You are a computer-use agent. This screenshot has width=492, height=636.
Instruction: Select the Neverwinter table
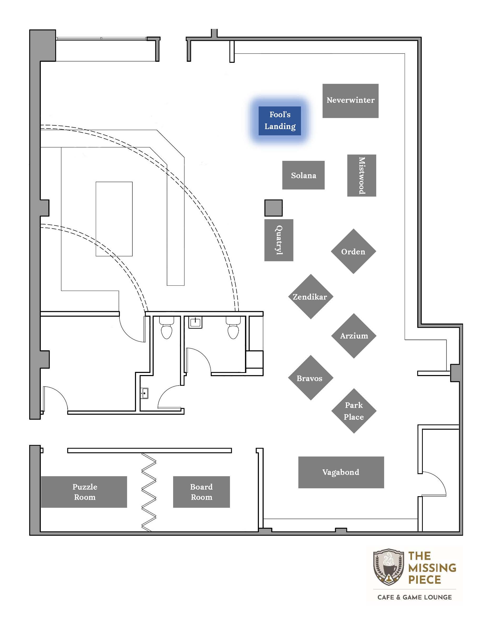[350, 101]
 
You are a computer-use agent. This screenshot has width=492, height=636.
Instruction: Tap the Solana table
[303, 175]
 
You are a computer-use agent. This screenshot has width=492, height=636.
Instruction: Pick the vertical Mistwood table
[362, 175]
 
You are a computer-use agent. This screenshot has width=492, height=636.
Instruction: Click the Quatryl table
[279, 240]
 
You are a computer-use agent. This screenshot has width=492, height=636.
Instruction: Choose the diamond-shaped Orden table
[353, 251]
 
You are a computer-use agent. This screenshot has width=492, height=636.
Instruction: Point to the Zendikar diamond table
[310, 296]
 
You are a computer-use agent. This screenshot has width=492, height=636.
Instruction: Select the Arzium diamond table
[354, 336]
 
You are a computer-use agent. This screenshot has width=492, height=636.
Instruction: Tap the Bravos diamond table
[310, 378]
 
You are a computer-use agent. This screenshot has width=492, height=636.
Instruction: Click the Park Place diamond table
[354, 411]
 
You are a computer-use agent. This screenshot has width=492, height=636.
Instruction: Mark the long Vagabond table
[341, 472]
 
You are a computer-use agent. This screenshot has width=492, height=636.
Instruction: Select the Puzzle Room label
[84, 492]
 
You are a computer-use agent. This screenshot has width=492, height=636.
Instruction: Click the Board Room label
[202, 492]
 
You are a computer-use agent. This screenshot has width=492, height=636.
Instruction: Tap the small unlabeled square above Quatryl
[273, 208]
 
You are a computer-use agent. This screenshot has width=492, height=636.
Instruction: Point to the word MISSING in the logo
[432, 568]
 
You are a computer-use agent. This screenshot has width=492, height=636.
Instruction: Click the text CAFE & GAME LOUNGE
[414, 597]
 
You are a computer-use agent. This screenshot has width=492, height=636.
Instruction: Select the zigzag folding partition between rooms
[149, 492]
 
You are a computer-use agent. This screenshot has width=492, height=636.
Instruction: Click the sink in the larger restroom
[195, 322]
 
